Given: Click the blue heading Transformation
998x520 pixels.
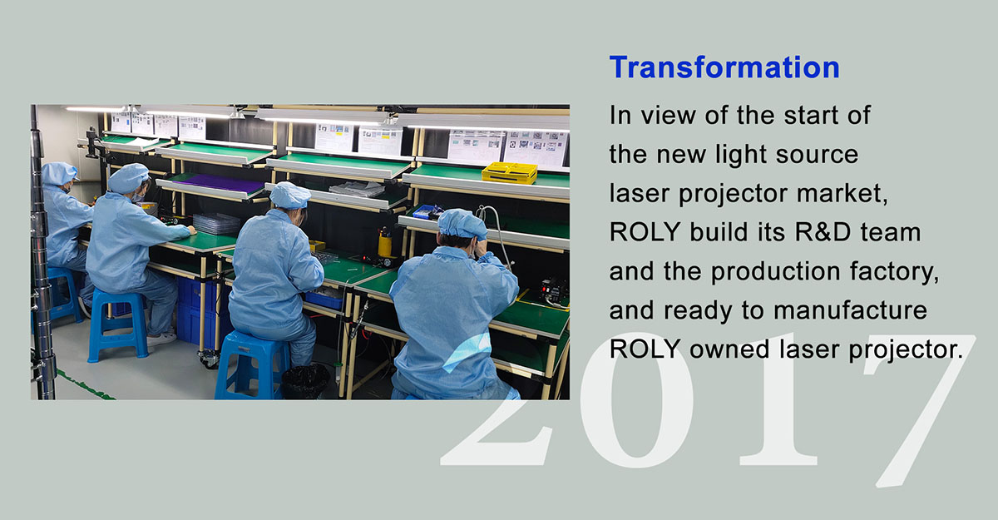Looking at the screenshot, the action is pos(724,67).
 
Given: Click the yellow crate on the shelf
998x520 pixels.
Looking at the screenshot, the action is pos(510,173).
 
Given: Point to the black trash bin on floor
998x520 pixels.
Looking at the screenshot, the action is pos(306,382).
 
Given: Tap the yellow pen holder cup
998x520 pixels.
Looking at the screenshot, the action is pos(384,246).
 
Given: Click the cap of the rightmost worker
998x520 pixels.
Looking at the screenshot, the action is pos(462,224).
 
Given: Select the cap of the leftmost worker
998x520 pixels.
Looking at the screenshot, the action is pos(59,173).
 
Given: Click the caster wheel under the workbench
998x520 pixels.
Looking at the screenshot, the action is pos(209,359).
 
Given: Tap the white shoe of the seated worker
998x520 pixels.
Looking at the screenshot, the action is pos(161,339).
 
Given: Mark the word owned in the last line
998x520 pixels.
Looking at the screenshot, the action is pos(729,349).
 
